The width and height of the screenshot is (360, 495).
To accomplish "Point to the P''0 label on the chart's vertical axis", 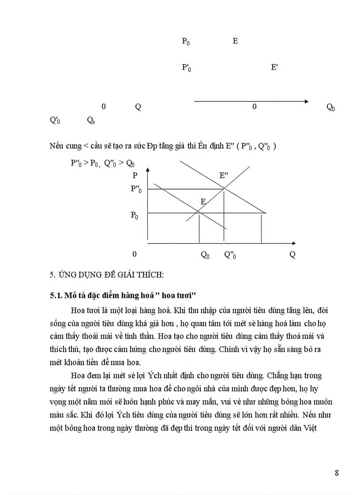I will pos(136,189).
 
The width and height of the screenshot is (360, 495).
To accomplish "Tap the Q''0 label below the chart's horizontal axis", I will pos(230,255).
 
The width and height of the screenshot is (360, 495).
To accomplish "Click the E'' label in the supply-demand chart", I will pos(224,175).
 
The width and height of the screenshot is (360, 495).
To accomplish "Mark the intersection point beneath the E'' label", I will pos(224,189).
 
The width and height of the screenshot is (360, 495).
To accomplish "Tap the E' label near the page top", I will pos(274,67).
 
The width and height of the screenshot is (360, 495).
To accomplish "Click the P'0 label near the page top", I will pos(186,68).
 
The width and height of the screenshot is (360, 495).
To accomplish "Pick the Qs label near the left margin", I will pos(90,120).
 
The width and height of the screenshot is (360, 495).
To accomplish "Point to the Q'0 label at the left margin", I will pos(55,120).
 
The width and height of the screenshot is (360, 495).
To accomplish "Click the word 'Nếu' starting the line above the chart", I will pos(56,146).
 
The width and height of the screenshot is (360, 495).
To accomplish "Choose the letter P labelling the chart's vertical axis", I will pos(135,175).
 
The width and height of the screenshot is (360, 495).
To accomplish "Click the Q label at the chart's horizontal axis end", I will pos(292,255).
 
